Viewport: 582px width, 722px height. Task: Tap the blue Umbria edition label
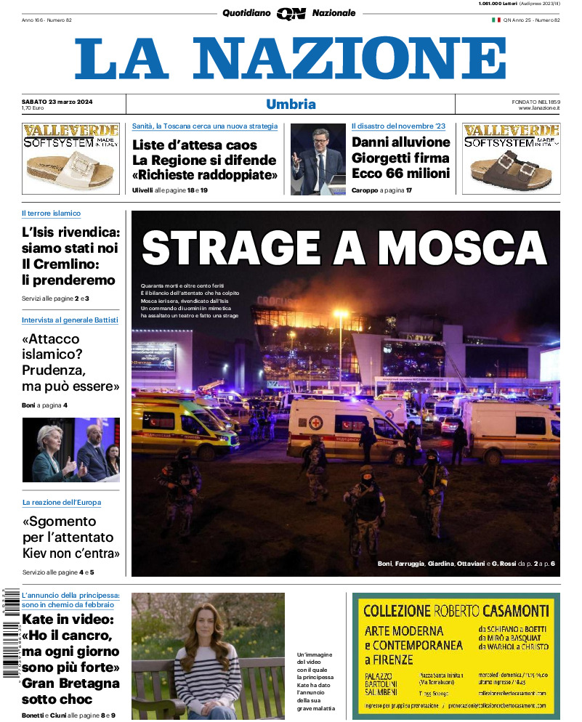point(291,104)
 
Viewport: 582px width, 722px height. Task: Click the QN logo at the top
point(291,13)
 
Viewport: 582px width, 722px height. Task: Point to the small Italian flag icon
point(496,20)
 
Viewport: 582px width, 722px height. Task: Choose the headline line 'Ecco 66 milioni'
point(400,173)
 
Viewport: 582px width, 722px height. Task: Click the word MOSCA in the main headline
point(461,248)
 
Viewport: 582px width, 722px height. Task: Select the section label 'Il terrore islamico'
point(51,214)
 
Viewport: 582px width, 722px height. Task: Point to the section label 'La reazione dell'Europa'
point(62,502)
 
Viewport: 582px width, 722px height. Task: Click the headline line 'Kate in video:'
point(68,620)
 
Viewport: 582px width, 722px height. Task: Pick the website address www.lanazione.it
point(538,108)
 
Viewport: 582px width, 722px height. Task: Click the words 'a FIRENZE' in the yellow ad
point(389,660)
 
